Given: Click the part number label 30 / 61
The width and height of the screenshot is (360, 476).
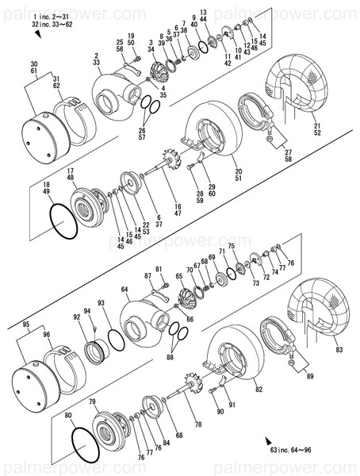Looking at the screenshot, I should [33, 67].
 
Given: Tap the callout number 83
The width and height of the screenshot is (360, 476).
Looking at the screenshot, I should [339, 350].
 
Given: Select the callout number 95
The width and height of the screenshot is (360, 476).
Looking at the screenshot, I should [26, 324].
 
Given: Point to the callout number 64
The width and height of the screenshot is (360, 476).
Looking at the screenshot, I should [124, 290].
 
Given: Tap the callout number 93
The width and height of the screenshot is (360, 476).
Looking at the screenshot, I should [101, 303].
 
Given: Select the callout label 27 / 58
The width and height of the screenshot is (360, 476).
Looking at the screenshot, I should [288, 156].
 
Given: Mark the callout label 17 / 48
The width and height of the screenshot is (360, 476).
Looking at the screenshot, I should [71, 175].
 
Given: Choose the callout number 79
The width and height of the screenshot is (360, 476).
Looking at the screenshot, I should [92, 402].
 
